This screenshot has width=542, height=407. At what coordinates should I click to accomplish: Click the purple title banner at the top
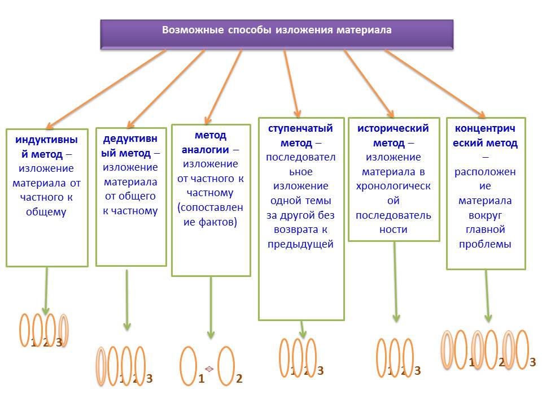tap(277, 34)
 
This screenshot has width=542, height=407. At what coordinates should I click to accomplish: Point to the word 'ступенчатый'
tap(300, 128)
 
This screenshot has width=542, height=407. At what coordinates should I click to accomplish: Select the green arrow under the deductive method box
tap(127, 300)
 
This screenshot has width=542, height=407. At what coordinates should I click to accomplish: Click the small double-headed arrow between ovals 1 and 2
tap(209, 369)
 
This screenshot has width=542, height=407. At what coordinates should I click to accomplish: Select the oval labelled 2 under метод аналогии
tap(226, 366)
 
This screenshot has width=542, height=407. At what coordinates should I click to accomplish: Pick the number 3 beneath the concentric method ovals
tap(532, 362)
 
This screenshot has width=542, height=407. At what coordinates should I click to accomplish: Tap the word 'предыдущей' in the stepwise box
tap(300, 244)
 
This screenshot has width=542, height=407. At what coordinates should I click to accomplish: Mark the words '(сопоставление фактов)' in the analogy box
tap(210, 215)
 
